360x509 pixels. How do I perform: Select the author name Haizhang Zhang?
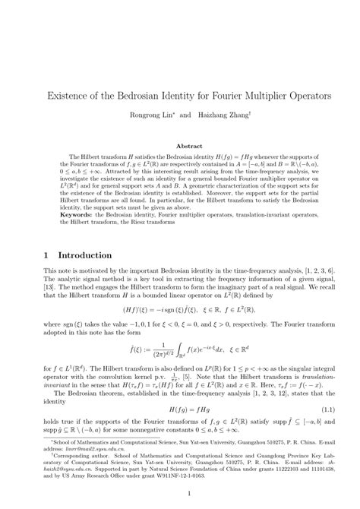216,117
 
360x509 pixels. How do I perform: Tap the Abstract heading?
180,144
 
